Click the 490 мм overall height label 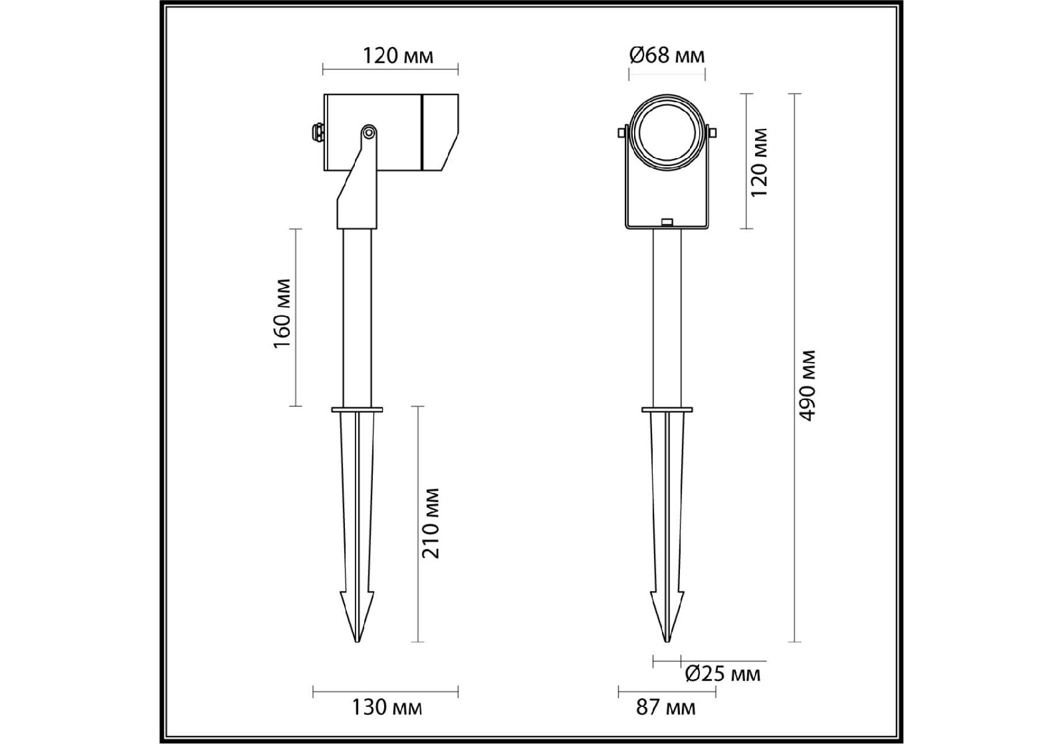(x=807, y=386)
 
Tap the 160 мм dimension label (x=282, y=313)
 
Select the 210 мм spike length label (x=431, y=523)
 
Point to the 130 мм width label (x=387, y=707)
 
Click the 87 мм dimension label (x=666, y=707)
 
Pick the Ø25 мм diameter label (x=723, y=673)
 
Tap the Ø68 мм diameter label (x=667, y=55)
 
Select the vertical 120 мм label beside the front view (x=759, y=162)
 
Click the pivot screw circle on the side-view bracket (x=369, y=132)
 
